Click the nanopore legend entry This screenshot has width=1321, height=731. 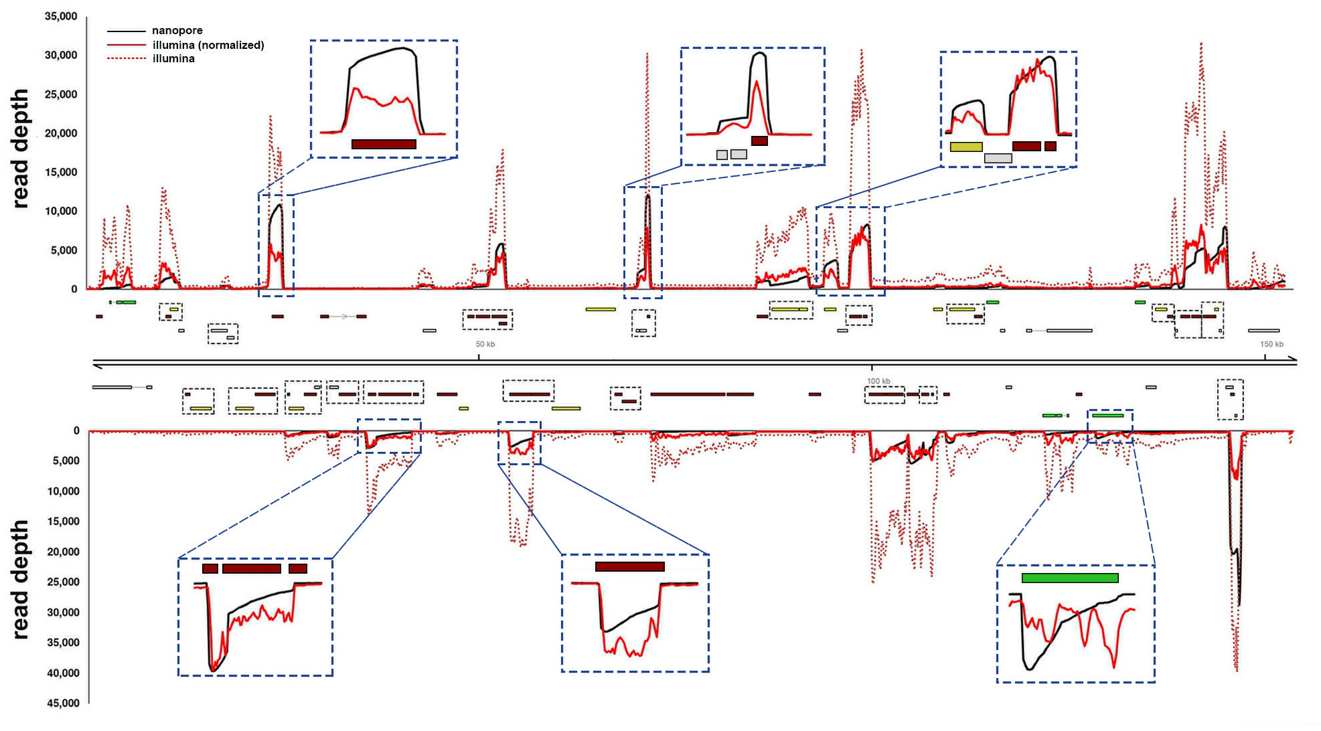click(x=177, y=31)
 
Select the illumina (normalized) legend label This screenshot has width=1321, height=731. click(x=208, y=45)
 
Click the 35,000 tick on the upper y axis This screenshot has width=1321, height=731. click(x=61, y=16)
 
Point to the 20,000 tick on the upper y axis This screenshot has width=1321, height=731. click(x=61, y=133)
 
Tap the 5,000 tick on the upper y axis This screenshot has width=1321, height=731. click(x=64, y=250)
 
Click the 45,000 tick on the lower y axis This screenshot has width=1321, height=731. click(x=63, y=703)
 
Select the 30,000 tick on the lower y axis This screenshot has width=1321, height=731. click(x=63, y=613)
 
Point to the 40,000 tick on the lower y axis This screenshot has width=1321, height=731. click(x=63, y=673)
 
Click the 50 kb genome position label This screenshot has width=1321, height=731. click(x=485, y=344)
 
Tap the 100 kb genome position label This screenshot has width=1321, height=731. click(x=878, y=381)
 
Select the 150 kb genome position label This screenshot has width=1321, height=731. click(x=1271, y=344)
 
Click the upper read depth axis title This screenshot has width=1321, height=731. click(x=21, y=149)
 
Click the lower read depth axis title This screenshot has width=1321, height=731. click(x=21, y=579)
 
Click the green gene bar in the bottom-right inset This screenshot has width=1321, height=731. click(x=1069, y=578)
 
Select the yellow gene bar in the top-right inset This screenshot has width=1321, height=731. click(x=965, y=147)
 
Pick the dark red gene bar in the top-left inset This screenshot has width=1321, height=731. click(x=384, y=144)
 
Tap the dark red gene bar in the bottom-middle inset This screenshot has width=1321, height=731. click(x=629, y=566)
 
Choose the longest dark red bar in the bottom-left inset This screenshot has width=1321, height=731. click(x=251, y=568)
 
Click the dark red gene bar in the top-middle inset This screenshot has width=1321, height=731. click(x=759, y=141)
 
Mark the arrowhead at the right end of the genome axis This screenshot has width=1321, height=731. click(x=1294, y=361)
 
